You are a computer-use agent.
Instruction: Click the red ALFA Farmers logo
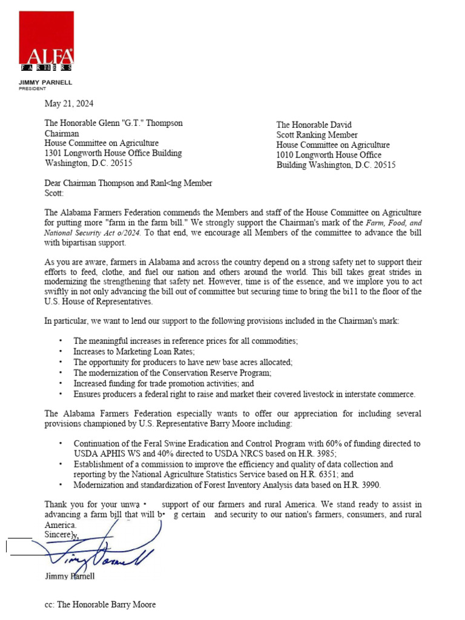[x=47, y=42]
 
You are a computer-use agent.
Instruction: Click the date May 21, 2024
[x=69, y=104]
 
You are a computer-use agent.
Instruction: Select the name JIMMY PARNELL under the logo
[x=45, y=82]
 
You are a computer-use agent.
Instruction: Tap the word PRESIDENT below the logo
[x=33, y=88]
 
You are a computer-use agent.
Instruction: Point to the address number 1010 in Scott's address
[x=286, y=155]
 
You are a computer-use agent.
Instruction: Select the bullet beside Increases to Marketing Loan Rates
[x=61, y=352]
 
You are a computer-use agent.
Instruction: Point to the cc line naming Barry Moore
[x=100, y=604]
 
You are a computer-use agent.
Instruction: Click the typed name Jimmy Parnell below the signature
[x=70, y=576]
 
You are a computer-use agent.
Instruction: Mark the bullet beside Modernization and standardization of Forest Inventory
[x=61, y=486]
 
